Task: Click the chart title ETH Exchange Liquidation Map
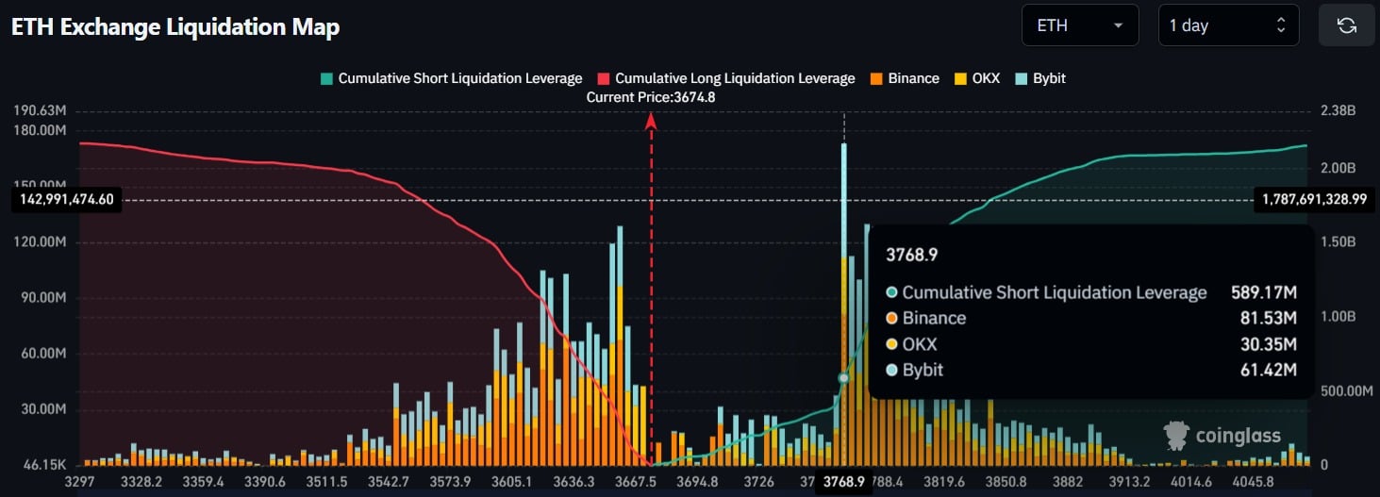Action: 175,27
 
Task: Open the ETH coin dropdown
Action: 1079,25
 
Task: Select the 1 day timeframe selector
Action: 1227,25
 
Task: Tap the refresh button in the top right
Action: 1346,25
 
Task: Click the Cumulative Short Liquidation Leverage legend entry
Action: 451,78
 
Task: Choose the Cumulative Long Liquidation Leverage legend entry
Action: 725,78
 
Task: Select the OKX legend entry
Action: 978,78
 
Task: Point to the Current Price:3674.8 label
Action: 651,97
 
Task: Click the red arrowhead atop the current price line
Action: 651,118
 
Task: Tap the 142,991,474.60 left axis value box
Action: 65,199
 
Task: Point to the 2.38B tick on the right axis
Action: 1337,110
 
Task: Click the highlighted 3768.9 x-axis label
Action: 844,481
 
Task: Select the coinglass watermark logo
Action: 1222,435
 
